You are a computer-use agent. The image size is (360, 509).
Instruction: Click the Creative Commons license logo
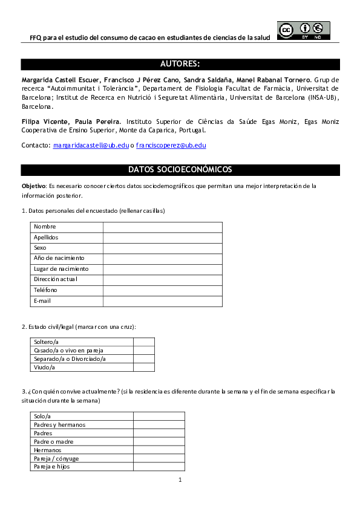click(x=303, y=30)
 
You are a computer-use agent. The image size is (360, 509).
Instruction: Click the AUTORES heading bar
click(x=180, y=64)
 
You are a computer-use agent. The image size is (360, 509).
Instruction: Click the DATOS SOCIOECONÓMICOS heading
click(x=180, y=170)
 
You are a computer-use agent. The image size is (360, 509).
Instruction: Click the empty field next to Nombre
click(x=162, y=227)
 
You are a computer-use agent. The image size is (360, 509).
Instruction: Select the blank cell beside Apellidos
click(x=162, y=238)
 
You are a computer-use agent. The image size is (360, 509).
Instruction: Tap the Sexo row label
click(x=41, y=248)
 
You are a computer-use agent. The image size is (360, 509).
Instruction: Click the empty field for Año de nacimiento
click(x=162, y=259)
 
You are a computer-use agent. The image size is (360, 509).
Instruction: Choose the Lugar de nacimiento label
click(x=61, y=269)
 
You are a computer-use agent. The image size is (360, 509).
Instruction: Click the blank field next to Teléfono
click(x=162, y=290)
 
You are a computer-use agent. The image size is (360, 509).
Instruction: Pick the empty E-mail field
click(x=162, y=301)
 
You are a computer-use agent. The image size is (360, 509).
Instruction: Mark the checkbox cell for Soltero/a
click(x=143, y=342)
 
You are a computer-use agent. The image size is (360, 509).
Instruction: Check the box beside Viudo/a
click(x=143, y=367)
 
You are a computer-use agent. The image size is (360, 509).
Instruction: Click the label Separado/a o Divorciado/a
click(x=70, y=358)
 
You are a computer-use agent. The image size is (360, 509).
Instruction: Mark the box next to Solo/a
click(x=159, y=416)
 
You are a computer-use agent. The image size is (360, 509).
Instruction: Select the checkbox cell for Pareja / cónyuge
click(x=159, y=458)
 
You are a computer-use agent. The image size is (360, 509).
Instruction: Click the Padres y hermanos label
click(x=60, y=424)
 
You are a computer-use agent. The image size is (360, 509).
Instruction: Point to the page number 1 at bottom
click(x=180, y=480)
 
